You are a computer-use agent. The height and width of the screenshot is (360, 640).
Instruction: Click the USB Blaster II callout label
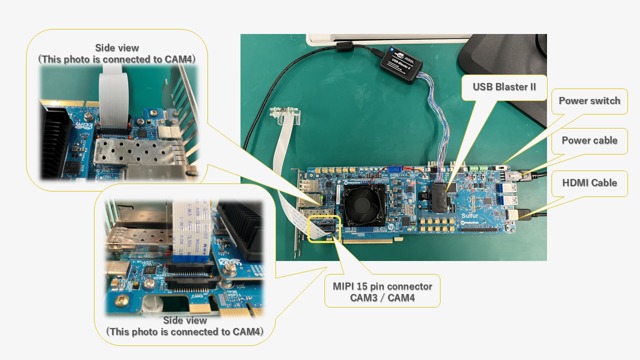point(504,87)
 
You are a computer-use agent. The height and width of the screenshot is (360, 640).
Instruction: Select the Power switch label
point(589,101)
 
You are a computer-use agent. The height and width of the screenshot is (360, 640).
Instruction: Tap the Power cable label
point(589,140)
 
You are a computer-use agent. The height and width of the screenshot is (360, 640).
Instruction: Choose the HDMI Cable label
point(589,183)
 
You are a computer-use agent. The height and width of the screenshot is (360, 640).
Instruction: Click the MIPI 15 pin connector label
point(382,291)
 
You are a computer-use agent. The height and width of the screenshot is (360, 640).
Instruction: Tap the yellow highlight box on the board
point(324,229)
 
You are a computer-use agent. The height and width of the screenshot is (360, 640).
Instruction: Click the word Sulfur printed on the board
point(470,216)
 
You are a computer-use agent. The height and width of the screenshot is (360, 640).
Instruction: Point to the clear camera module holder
point(285,114)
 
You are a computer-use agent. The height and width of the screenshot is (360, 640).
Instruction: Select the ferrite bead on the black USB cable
point(344,47)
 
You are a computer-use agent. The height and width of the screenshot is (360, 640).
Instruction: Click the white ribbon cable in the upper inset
point(114,100)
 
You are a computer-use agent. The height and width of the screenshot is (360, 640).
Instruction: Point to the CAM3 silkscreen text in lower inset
point(196,296)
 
